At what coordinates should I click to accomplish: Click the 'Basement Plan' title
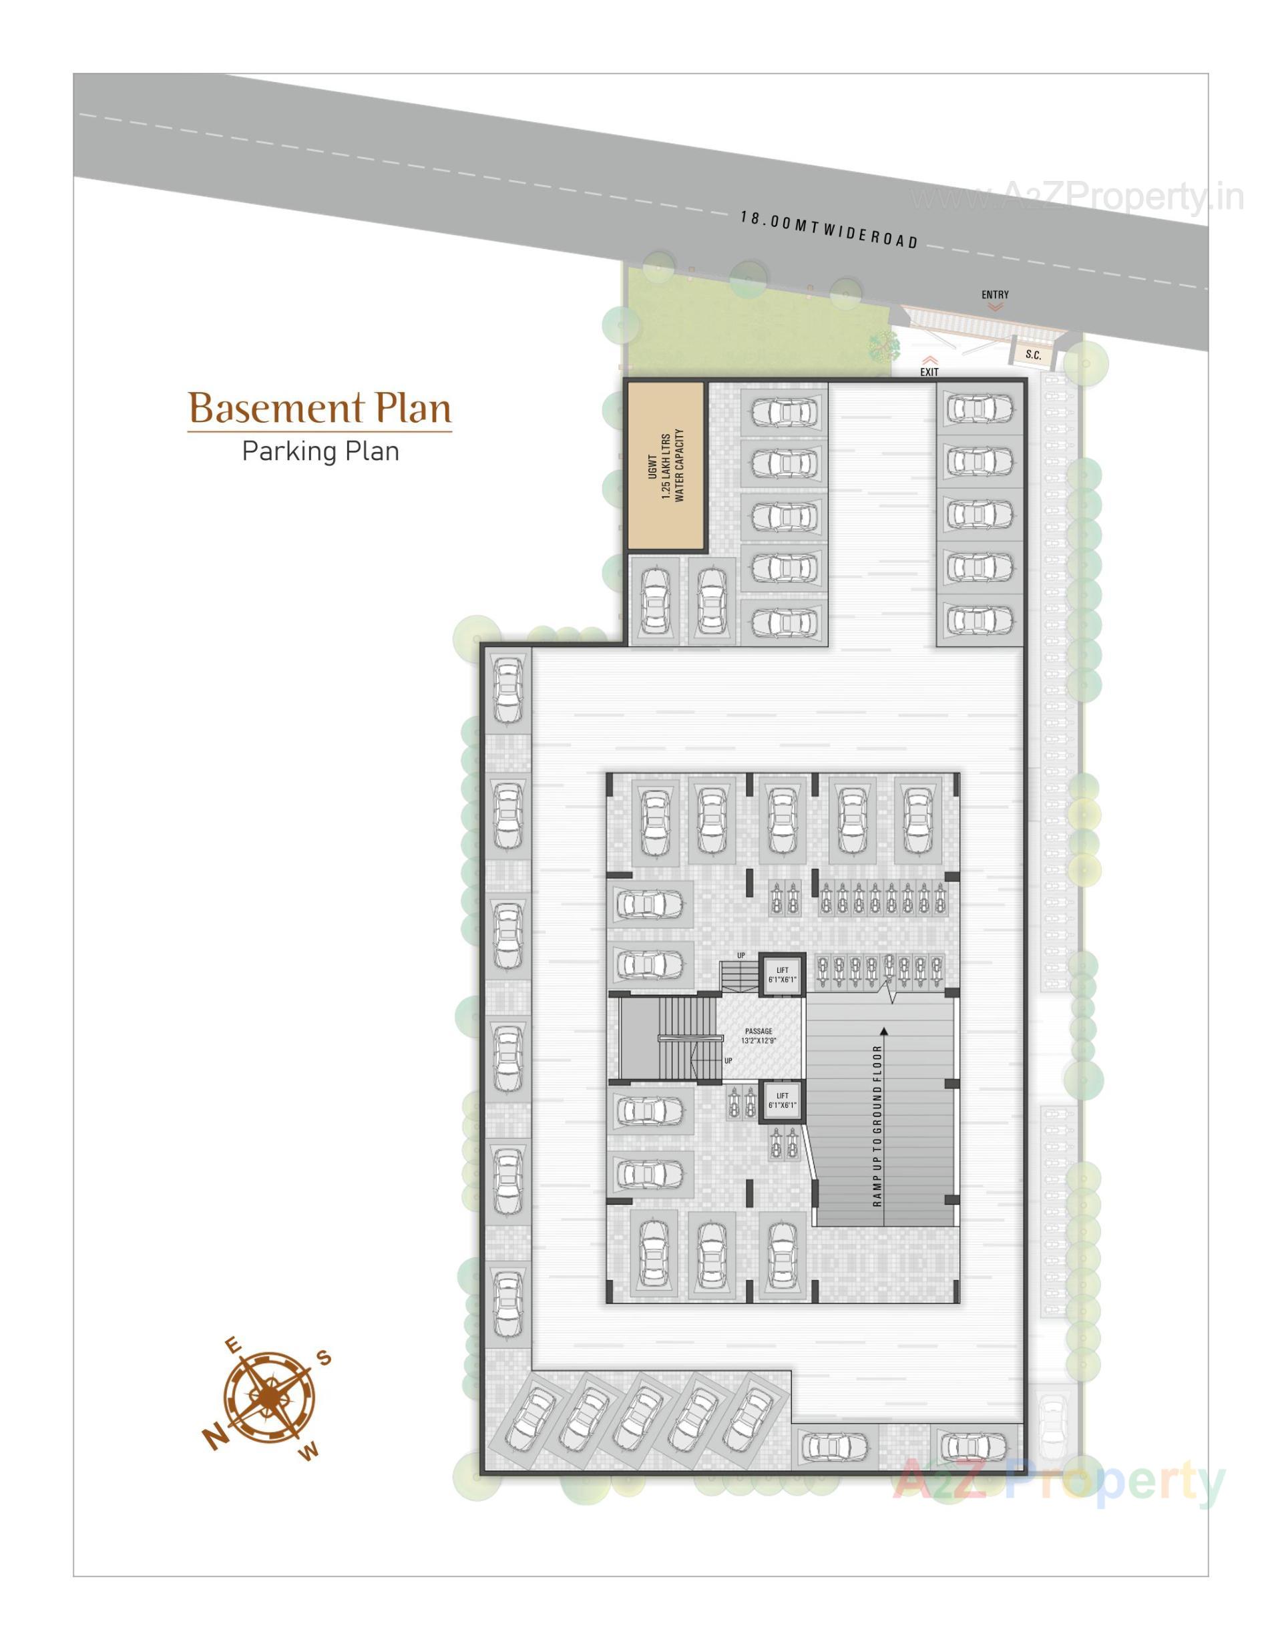click(320, 409)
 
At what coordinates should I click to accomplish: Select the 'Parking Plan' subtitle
click(320, 452)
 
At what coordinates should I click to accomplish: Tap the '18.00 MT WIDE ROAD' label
click(829, 230)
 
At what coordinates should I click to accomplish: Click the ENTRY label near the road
click(995, 294)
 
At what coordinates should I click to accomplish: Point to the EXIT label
click(929, 372)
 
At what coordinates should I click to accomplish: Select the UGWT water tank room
click(666, 466)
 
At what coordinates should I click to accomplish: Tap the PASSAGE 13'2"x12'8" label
click(759, 1036)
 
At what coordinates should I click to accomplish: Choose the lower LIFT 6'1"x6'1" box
click(782, 1100)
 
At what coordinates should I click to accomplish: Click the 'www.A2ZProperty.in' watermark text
click(1076, 198)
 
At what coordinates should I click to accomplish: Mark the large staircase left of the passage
click(666, 1038)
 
